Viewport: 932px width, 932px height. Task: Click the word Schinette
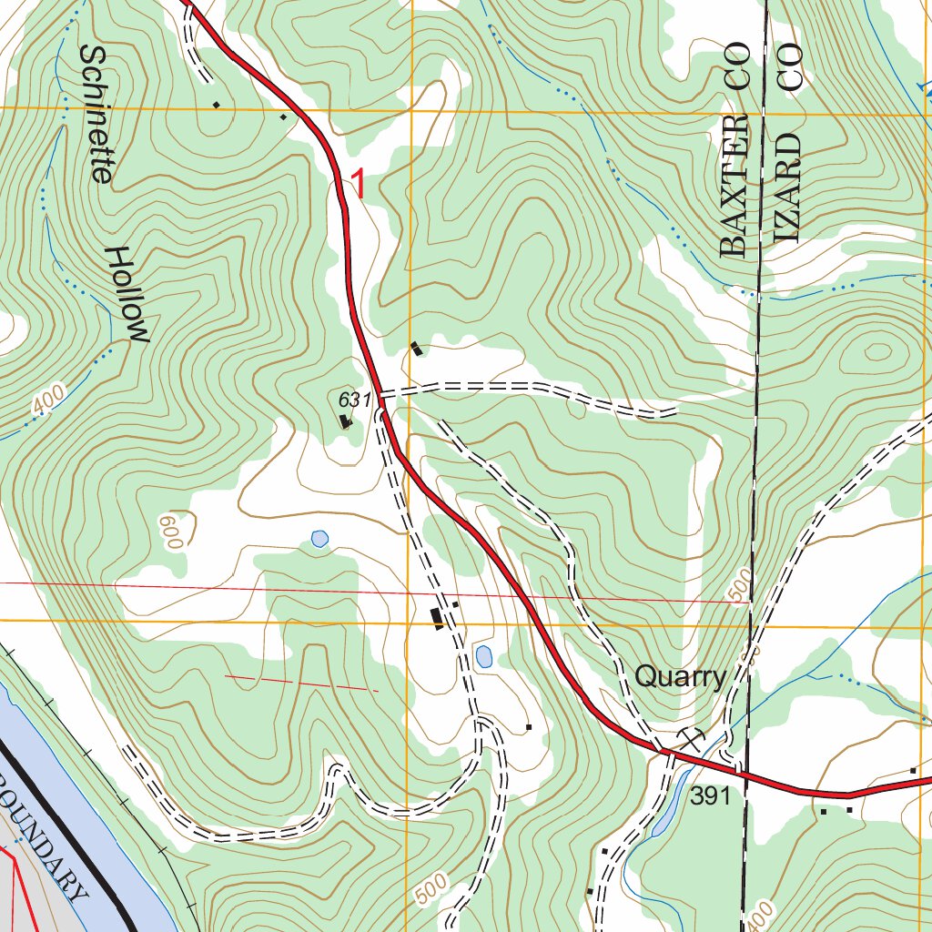click(95, 114)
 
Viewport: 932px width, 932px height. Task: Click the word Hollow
click(127, 294)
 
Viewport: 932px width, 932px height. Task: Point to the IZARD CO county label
click(788, 144)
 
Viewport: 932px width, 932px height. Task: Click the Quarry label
click(680, 676)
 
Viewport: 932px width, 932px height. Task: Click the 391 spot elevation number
click(710, 796)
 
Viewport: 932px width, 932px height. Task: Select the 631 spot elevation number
click(354, 399)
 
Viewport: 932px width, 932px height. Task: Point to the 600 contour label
click(170, 531)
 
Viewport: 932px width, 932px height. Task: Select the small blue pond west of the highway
click(319, 539)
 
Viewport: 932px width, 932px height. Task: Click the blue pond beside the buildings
click(483, 655)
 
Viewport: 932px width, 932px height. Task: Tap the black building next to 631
click(345, 420)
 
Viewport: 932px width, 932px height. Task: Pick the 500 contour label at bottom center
click(435, 889)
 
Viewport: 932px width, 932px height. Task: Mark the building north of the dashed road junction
click(416, 348)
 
